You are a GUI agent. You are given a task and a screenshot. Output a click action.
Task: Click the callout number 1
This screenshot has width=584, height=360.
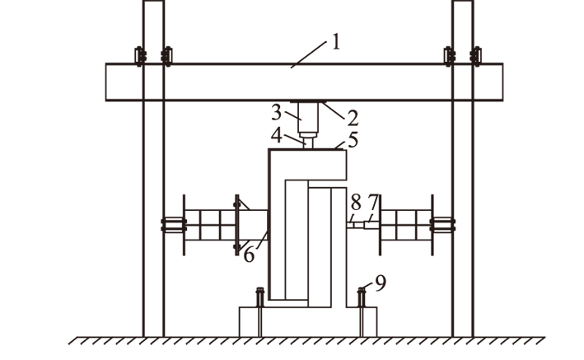click(336, 42)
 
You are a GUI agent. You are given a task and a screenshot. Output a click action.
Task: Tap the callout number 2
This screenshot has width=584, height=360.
click(353, 118)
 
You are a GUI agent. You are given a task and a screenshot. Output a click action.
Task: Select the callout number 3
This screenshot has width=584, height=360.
click(276, 113)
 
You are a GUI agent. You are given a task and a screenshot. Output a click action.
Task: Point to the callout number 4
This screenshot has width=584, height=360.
click(277, 136)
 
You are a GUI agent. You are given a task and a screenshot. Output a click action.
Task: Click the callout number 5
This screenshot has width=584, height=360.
click(353, 140)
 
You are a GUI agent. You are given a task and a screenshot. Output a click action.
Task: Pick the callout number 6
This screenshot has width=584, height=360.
click(249, 255)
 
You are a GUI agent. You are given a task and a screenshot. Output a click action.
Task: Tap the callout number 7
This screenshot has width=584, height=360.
click(373, 203)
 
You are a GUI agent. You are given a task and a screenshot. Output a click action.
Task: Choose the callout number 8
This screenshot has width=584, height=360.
click(356, 203)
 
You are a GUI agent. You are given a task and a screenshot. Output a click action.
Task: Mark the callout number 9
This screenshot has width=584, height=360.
click(381, 283)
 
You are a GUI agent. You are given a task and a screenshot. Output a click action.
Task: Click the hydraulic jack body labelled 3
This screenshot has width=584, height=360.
click(307, 117)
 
